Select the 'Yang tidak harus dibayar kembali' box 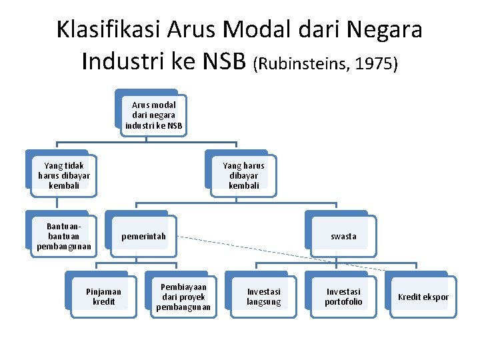tap(63, 175)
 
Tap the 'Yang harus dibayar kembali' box tap(243, 175)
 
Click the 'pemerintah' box tap(143, 237)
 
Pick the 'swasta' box tap(343, 237)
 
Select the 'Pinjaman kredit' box tap(103, 297)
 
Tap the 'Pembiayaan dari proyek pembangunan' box tap(183, 297)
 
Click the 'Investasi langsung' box tap(263, 297)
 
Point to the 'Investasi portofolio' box tap(343, 297)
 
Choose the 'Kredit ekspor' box tap(423, 297)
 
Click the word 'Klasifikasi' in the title tap(108, 30)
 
